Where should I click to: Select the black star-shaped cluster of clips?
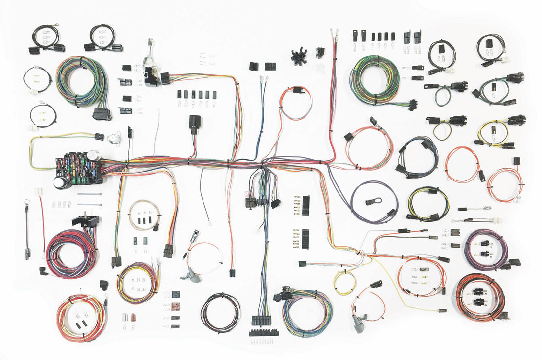click(298, 56)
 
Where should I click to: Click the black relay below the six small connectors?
click(195, 123)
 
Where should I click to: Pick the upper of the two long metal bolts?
click(90, 194)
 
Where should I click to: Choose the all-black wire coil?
click(220, 313)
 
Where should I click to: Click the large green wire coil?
click(374, 79)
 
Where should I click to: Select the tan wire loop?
click(143, 215)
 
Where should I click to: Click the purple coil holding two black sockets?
click(485, 249)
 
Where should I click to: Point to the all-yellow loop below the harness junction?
click(344, 282)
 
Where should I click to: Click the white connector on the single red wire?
click(38, 191)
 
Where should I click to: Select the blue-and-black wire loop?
click(416, 156)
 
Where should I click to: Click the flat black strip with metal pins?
click(264, 333)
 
